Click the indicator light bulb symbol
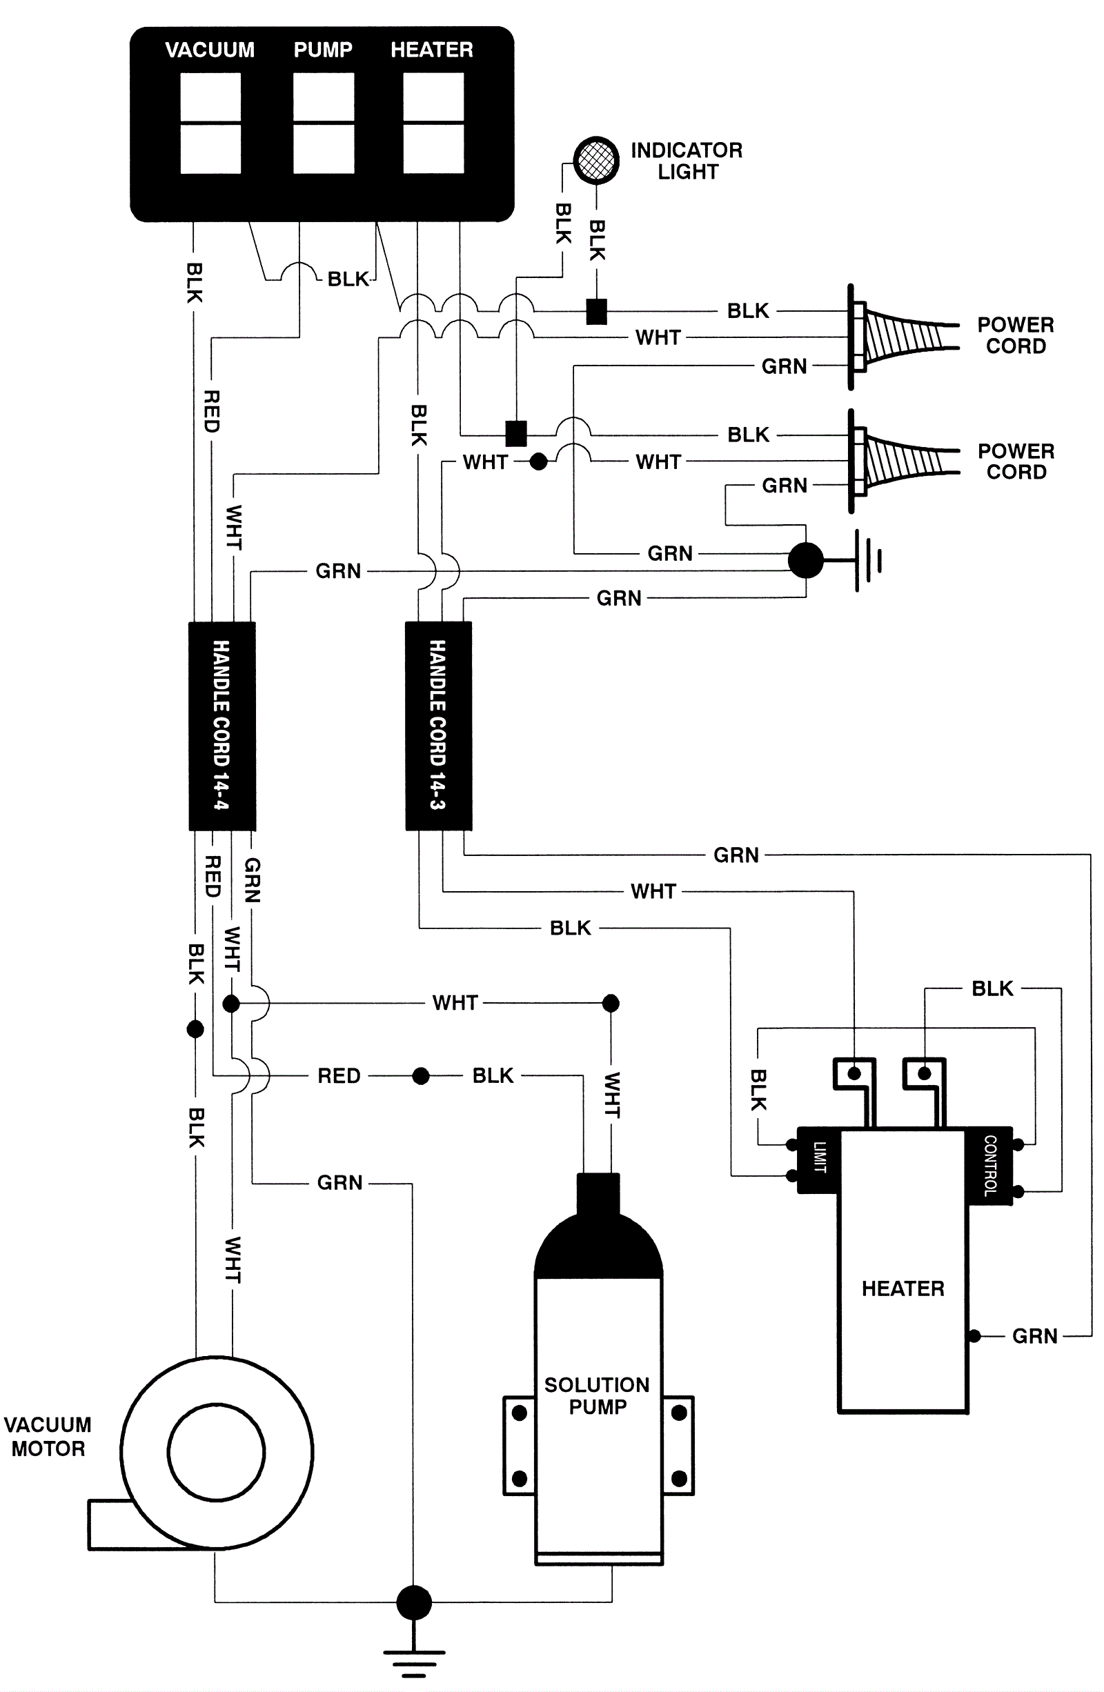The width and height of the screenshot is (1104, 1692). pyautogui.click(x=595, y=160)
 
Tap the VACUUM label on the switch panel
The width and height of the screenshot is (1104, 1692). pyautogui.click(x=210, y=50)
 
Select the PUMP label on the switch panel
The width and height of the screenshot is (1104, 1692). pyautogui.click(x=323, y=50)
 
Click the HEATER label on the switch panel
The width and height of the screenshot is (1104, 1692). pyautogui.click(x=432, y=50)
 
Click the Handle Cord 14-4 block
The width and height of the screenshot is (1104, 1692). pyautogui.click(x=221, y=726)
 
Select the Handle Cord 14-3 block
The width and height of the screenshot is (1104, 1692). pyautogui.click(x=438, y=726)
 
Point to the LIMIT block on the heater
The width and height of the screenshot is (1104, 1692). pyautogui.click(x=819, y=1159)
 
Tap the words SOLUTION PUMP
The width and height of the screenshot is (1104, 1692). pyautogui.click(x=597, y=1395)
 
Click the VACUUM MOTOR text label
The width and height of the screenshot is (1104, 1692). pyautogui.click(x=48, y=1436)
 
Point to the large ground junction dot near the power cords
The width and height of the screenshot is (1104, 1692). pyautogui.click(x=806, y=560)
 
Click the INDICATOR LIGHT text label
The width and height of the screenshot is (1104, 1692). pyautogui.click(x=687, y=161)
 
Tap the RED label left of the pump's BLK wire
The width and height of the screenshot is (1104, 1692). pyautogui.click(x=339, y=1075)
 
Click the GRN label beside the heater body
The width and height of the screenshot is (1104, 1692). pyautogui.click(x=1034, y=1336)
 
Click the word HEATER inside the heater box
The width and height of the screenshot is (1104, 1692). pyautogui.click(x=903, y=1288)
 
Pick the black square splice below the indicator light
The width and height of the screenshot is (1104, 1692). pyautogui.click(x=596, y=311)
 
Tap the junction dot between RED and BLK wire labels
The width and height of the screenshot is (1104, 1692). pyautogui.click(x=420, y=1075)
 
